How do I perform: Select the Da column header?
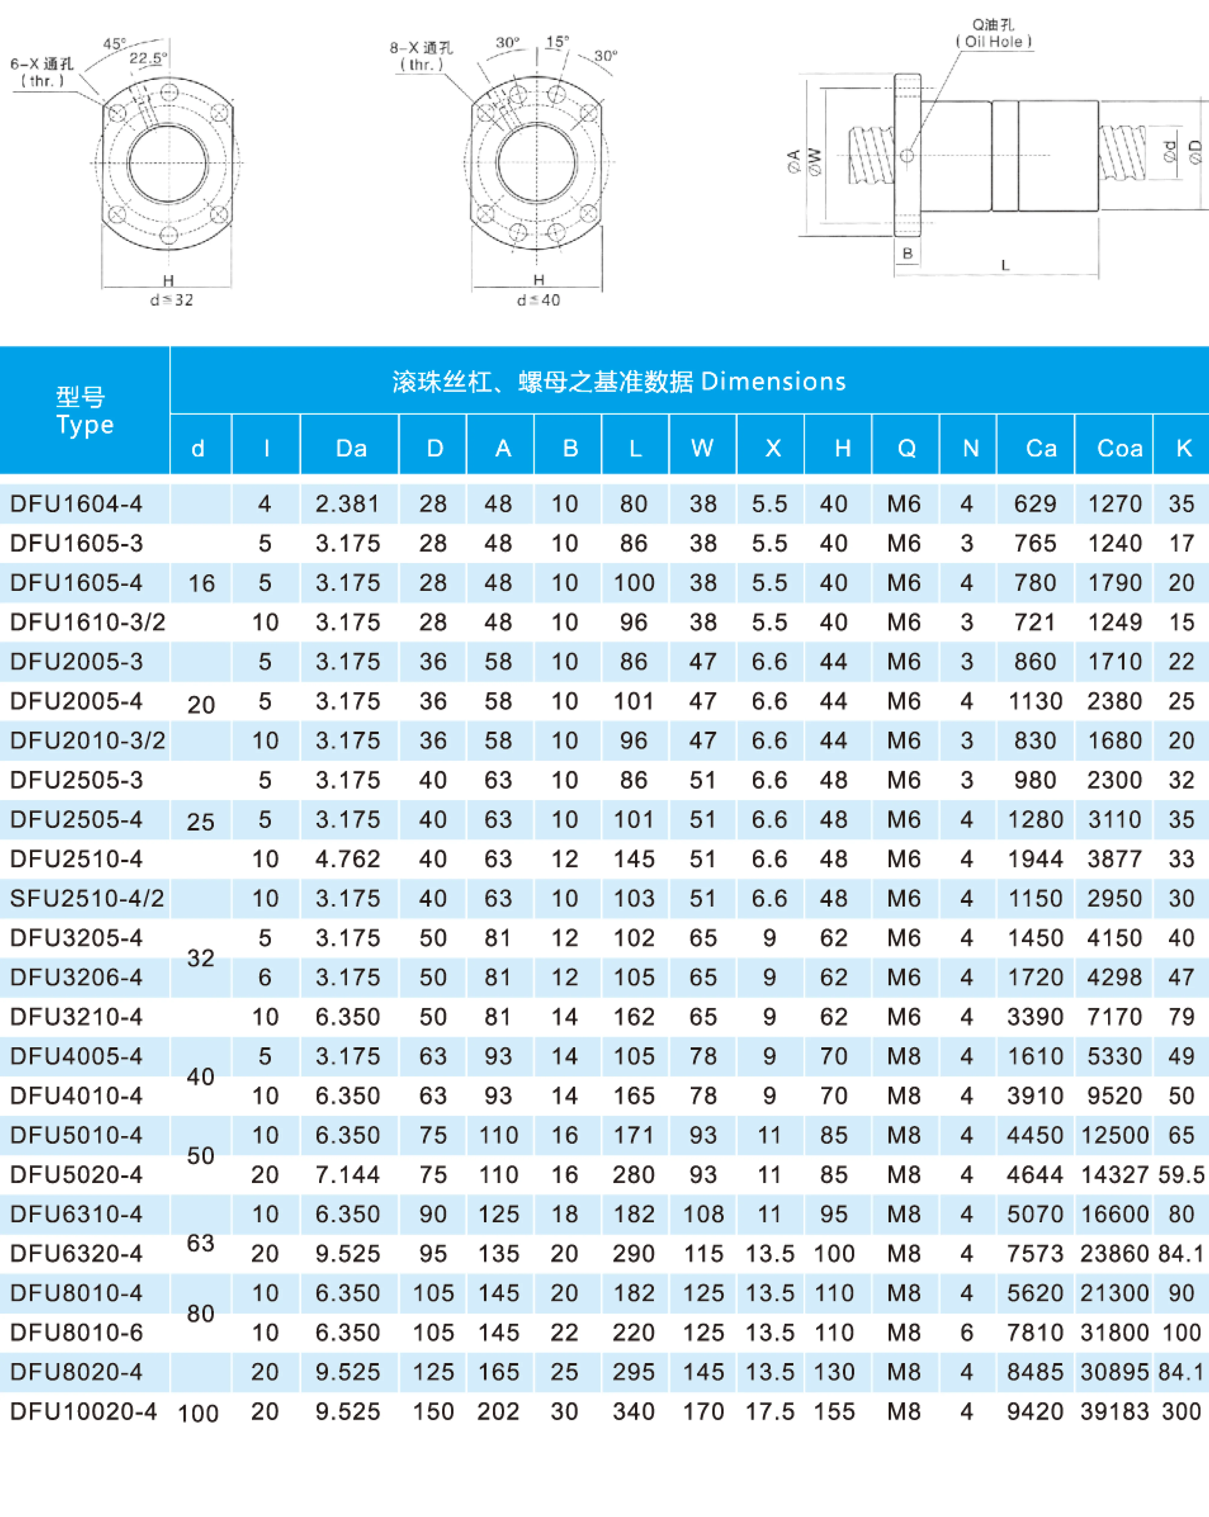[x=351, y=448]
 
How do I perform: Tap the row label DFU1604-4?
[x=76, y=504]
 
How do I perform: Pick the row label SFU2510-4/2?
[x=87, y=899]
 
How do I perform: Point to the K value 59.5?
[x=1181, y=1174]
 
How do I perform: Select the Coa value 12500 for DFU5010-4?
[x=1115, y=1135]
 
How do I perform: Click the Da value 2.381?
[x=348, y=504]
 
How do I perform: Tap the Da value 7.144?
[x=348, y=1174]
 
